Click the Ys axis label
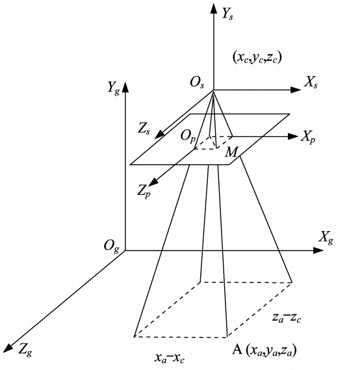(x=227, y=14)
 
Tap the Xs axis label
(x=311, y=83)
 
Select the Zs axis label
(x=144, y=129)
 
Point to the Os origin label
(x=197, y=83)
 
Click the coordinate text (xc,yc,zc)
(x=257, y=57)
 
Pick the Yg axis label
(x=114, y=88)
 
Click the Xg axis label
(x=326, y=238)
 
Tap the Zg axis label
(x=25, y=349)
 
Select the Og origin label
(x=112, y=247)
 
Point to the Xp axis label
(x=308, y=137)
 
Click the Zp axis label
(x=144, y=191)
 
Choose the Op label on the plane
(x=188, y=136)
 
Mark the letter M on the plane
(x=231, y=152)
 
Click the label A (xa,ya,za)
(x=264, y=350)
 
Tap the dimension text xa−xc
(x=170, y=358)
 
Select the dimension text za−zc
(x=287, y=317)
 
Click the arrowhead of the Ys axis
(x=214, y=8)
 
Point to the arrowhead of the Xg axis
(x=318, y=251)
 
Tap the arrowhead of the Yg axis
(x=125, y=86)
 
